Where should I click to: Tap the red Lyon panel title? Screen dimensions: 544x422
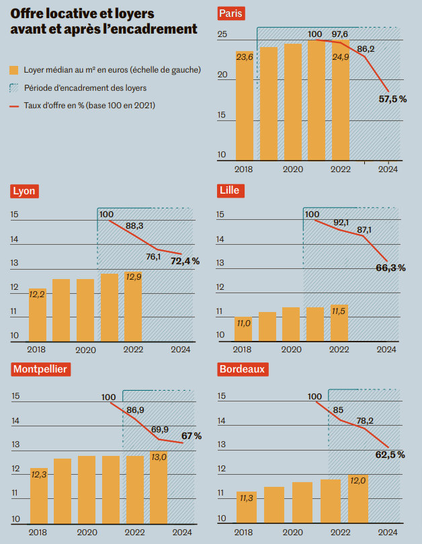pyautogui.click(x=24, y=191)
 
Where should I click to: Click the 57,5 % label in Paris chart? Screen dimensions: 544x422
pyautogui.click(x=393, y=99)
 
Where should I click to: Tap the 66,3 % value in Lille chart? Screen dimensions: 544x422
pyautogui.click(x=390, y=268)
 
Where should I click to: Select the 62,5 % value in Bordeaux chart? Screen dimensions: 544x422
pyautogui.click(x=390, y=455)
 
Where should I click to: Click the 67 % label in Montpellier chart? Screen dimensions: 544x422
pyautogui.click(x=192, y=436)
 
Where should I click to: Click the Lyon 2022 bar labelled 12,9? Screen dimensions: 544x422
pyautogui.click(x=133, y=306)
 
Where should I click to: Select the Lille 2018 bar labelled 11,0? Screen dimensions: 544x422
pyautogui.click(x=243, y=329)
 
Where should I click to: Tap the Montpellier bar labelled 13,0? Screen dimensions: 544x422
pyautogui.click(x=159, y=488)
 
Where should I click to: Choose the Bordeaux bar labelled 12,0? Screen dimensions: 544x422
pyautogui.click(x=357, y=498)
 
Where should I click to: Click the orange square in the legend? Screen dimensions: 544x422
pyautogui.click(x=14, y=70)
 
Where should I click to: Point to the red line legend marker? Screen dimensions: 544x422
pyautogui.click(x=14, y=105)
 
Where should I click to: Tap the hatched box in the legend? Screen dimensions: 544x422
pyautogui.click(x=14, y=87)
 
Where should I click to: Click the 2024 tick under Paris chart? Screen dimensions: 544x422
pyautogui.click(x=388, y=169)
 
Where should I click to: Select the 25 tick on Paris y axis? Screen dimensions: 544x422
pyautogui.click(x=222, y=34)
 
